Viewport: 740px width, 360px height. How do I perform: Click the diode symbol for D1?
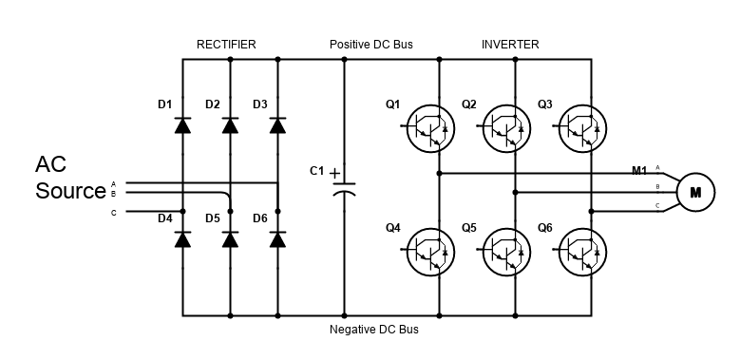182,125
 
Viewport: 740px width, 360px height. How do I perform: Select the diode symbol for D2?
230,125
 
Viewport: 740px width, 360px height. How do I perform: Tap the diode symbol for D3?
277,125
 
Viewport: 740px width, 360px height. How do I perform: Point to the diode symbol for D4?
182,239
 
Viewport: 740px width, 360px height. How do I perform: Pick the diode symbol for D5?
230,239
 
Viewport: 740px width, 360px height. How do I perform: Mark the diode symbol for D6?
277,239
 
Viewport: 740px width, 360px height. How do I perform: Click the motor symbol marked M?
695,193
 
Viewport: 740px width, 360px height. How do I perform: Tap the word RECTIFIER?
226,45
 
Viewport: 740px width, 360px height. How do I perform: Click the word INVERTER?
510,45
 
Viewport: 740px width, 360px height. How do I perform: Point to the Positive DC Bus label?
370,45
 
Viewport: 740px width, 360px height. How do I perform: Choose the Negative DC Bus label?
373,331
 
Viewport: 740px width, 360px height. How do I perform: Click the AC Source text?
69,178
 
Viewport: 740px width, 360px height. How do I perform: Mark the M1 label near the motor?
639,171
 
